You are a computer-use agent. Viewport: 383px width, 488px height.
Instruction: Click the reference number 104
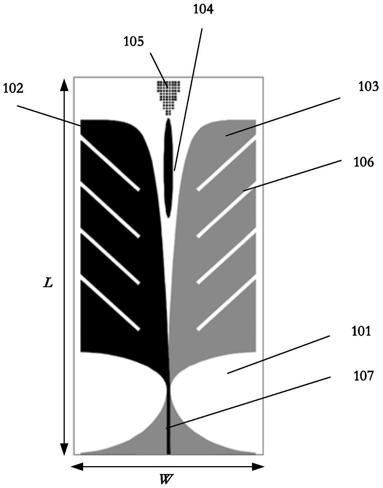pos(203,10)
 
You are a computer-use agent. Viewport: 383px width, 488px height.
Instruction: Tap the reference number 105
pos(134,42)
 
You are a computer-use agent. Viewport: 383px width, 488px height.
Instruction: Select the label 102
pos(13,88)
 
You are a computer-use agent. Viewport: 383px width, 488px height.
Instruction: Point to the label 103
pos(368,87)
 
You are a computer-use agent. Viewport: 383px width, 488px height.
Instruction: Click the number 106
pos(363,162)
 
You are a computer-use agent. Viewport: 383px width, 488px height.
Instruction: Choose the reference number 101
pos(361,332)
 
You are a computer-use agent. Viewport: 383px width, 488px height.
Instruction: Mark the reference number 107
pos(363,376)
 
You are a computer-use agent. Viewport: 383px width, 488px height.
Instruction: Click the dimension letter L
pos(48,283)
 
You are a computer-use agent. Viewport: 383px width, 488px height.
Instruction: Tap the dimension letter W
pos(166,479)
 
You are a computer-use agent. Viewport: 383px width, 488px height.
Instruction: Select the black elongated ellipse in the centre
pos(168,168)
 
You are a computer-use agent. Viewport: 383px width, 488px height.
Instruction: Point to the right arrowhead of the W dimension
pos(258,467)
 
